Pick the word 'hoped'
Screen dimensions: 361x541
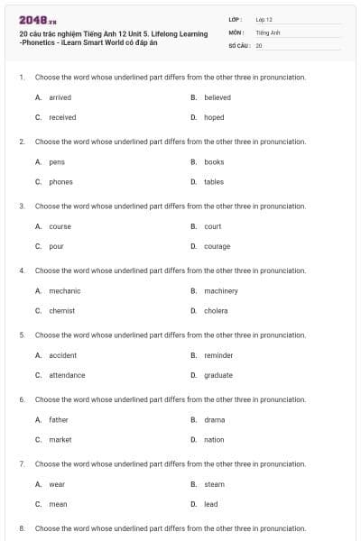[214, 117]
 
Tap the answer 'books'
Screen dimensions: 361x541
[214, 162]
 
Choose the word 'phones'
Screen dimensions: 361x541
[60, 182]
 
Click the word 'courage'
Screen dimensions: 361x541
[217, 246]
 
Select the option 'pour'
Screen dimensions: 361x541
[56, 246]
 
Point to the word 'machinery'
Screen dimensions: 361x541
[221, 291]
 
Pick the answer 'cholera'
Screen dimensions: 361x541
[216, 311]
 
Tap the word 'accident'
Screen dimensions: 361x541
[62, 355]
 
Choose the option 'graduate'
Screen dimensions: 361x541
[218, 375]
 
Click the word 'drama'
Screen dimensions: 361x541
[215, 420]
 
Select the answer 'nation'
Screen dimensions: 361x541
[214, 440]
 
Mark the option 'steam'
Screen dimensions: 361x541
[215, 484]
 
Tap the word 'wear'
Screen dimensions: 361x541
[57, 484]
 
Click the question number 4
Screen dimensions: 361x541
[21, 270]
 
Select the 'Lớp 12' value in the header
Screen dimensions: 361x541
[264, 19]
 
